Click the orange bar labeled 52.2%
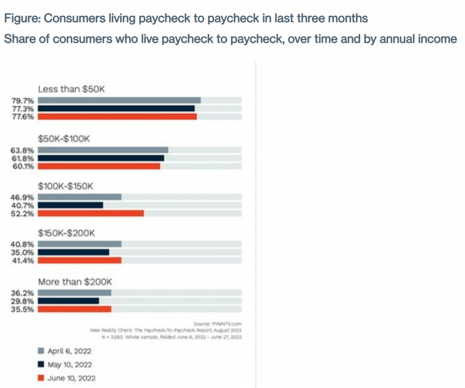pos(91,213)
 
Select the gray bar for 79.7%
pos(119,100)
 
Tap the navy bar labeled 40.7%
pos(70,205)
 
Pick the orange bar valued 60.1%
pos(99,166)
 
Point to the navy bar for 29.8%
pos(69,300)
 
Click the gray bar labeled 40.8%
pos(79,244)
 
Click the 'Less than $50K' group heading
pos(71,89)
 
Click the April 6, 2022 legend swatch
pos(41,350)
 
